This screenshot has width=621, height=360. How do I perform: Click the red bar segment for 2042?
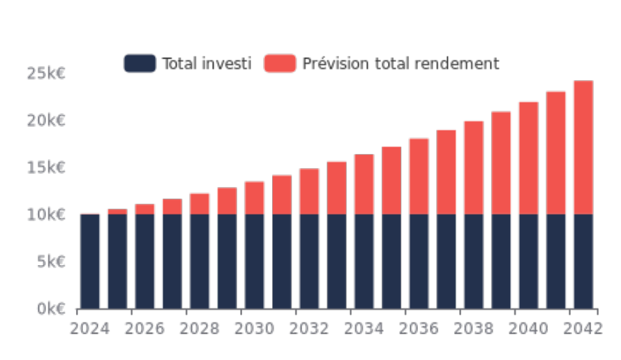583,147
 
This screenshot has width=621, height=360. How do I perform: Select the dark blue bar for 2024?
90,261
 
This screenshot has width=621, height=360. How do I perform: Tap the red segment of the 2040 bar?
528,158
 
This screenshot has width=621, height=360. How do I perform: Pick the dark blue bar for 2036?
419,261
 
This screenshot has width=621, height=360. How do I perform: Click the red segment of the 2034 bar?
364,184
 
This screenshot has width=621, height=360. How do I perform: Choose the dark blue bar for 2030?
255,261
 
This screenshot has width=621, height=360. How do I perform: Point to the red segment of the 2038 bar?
474,167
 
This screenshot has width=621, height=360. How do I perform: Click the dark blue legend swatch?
140,63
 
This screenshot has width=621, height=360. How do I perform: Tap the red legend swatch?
279,63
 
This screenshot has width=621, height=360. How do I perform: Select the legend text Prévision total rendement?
401,63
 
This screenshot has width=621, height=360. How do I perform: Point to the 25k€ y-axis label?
46,74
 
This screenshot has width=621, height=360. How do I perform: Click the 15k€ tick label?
46,167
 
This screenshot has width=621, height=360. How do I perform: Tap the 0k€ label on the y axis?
50,308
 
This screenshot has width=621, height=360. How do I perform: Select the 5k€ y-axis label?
50,262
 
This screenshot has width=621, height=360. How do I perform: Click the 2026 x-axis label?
145,328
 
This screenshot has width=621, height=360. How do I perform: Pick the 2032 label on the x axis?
310,328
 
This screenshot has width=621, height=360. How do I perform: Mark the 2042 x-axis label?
582,328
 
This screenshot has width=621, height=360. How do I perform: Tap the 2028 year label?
200,328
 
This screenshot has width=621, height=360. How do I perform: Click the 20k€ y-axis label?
46,121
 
